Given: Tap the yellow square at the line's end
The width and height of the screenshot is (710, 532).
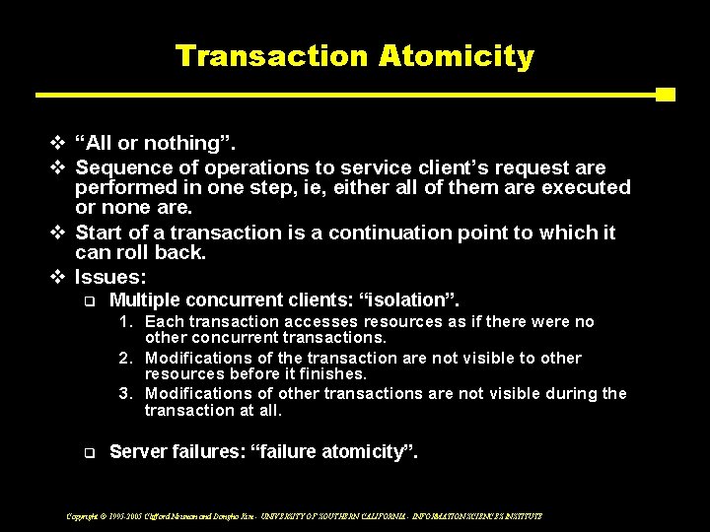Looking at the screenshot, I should coord(666,95).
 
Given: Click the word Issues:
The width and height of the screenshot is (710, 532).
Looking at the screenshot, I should coord(111,277).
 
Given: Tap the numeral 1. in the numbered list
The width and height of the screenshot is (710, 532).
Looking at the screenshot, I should coord(127,322).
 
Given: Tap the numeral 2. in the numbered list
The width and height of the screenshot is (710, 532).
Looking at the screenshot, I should coord(127,359).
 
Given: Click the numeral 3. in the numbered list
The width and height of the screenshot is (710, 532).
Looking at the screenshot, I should coord(127,394).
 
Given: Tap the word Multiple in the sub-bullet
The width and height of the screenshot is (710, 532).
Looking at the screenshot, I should coord(143,299).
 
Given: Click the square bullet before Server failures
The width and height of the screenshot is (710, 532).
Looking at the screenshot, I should coord(88,453).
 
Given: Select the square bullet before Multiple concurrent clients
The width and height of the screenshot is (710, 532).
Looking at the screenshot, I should coord(88,300).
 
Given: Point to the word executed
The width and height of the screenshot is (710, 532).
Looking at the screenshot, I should coord(586,187).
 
